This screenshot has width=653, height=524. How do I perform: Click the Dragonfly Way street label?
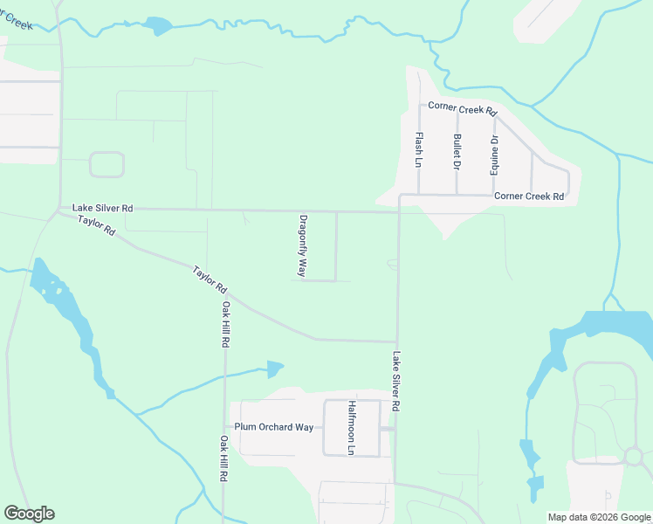point(303,246)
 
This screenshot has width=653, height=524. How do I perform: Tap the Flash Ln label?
point(419,149)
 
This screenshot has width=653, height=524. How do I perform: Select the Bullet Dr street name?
point(457,151)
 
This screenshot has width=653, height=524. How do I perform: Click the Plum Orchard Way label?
point(273,427)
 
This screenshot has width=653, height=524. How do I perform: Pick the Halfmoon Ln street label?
point(352,428)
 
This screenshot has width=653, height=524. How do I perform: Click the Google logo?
point(29,514)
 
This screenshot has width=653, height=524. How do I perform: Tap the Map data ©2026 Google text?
point(599,517)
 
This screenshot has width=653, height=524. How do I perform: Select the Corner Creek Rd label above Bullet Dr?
point(462,112)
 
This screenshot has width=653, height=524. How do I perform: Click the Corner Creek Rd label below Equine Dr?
point(529,196)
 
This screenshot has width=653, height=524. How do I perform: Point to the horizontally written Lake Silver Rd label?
point(103,208)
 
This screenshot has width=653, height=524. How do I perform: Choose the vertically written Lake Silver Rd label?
point(396,381)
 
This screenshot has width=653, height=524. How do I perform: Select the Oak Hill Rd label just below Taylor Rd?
point(225,325)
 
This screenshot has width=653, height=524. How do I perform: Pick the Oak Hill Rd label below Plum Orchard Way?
point(224,459)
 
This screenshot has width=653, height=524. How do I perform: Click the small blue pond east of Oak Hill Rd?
point(275,369)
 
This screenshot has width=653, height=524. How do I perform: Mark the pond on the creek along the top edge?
point(158,25)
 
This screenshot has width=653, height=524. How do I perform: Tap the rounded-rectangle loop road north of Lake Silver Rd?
point(107,164)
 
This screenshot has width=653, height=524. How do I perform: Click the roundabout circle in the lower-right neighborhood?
point(634,456)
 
